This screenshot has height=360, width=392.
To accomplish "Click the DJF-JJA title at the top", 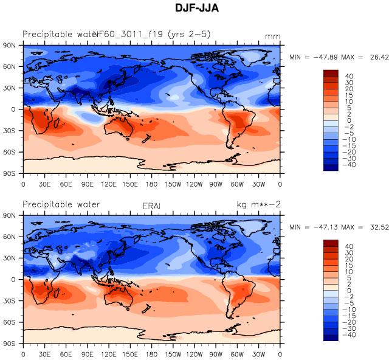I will click(196, 10).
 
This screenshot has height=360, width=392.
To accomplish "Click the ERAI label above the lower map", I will click(151, 207).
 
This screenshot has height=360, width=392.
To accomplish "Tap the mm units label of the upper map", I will click(274, 35).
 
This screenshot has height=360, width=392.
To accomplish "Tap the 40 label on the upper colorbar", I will click(357, 77).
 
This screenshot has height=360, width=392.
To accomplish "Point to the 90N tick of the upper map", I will click(9, 46).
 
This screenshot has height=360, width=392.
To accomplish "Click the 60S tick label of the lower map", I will click(9, 323).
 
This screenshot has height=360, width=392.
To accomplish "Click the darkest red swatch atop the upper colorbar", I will click(331, 74).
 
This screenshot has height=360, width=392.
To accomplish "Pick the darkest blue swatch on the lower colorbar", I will click(331, 338).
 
